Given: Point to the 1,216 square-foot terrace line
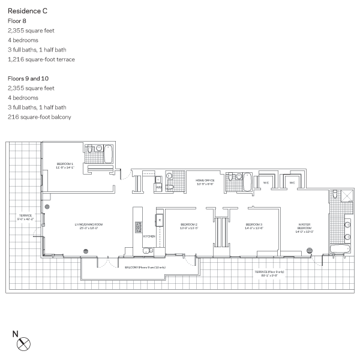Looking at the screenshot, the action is coord(41,59).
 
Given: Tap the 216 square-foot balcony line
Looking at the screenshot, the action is coord(39,117).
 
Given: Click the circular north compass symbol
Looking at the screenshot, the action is coord(23,344).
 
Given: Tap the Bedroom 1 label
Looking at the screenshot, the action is coord(64,165).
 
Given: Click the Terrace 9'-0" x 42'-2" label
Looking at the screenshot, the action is coord(25,217).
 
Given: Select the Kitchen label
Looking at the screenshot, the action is coord(149,236).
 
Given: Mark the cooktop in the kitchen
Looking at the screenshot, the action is coord(138,227).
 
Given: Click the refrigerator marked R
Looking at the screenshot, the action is coord(160,221).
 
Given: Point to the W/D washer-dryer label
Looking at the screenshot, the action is coord(158,187).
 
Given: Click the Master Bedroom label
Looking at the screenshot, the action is coord(305,228).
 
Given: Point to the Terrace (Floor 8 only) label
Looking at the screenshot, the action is coord(266,272).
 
